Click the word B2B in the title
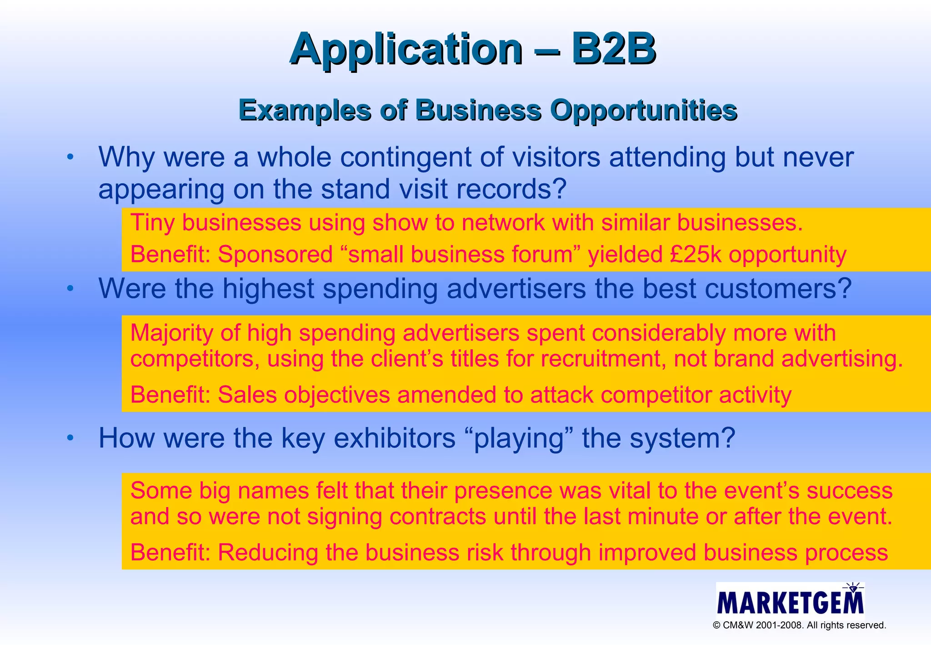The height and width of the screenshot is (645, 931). coord(613,49)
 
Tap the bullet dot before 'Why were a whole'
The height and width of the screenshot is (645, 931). coord(70,157)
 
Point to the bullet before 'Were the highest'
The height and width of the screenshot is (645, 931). coord(70,288)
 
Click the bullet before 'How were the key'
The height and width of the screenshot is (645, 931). coord(70,438)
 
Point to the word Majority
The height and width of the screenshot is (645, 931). coord(171,333)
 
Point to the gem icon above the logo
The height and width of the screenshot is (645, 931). coord(853,588)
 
